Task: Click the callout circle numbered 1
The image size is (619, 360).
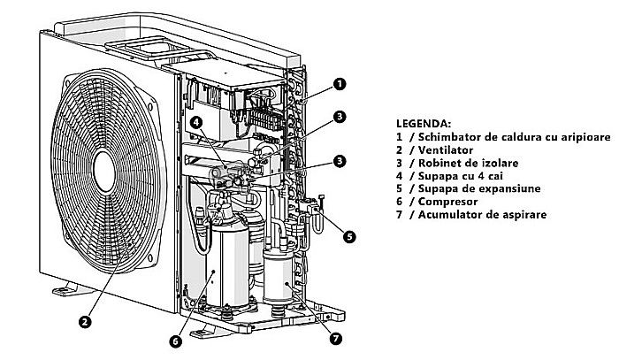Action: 340,84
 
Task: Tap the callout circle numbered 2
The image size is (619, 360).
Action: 84,322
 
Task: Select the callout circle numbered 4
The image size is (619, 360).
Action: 195,123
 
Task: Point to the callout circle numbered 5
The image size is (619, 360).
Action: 349,237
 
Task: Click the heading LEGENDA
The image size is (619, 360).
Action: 424,123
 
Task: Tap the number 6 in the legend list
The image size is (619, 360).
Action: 400,202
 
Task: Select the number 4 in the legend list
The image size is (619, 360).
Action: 400,176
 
